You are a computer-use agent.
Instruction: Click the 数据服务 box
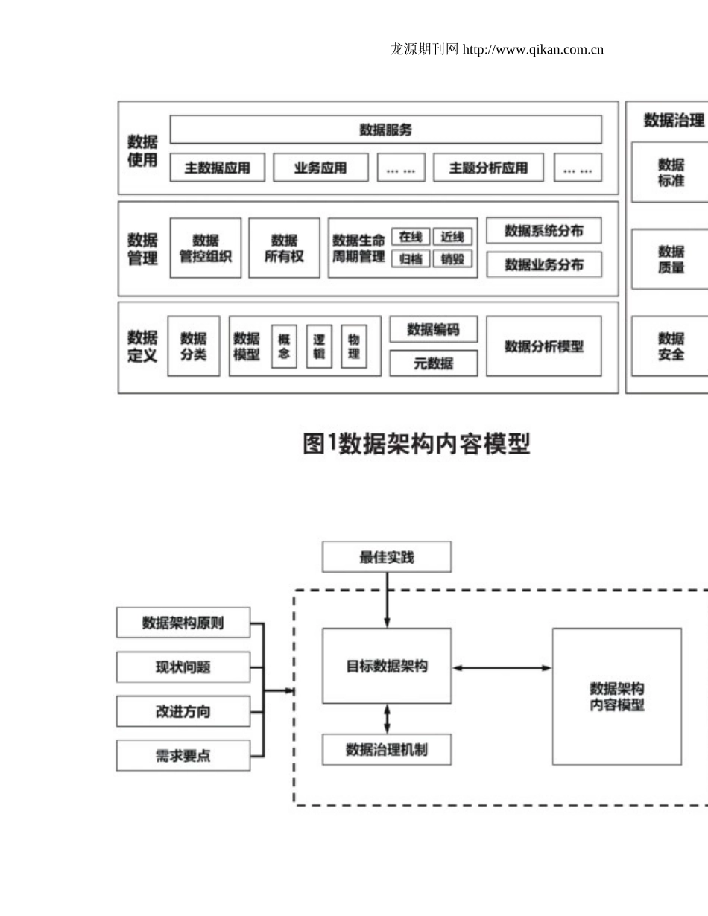coord(385,130)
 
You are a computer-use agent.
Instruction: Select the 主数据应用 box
coord(217,168)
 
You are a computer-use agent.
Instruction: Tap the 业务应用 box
coord(320,168)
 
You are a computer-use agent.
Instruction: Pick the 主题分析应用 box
coord(488,168)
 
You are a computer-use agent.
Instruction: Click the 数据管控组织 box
coord(206,248)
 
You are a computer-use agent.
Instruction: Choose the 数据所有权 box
coord(284,248)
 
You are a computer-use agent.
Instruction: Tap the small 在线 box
coord(411,237)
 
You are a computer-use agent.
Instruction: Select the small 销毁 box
coord(452,259)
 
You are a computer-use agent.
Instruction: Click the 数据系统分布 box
coord(543,231)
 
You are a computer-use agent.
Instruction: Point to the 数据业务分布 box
coord(543,265)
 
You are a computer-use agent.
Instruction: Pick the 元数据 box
coord(433,363)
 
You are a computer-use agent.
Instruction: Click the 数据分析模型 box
coord(543,346)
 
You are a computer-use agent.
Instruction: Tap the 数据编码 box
coord(433,329)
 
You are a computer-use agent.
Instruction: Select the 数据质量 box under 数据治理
coord(671,259)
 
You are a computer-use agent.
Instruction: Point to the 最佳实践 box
coord(386,557)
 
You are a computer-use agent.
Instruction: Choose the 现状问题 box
coord(183,667)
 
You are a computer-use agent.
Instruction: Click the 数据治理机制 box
coord(386,749)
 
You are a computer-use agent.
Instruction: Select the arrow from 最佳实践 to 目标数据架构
coord(387,600)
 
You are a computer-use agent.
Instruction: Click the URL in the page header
coord(533,50)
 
